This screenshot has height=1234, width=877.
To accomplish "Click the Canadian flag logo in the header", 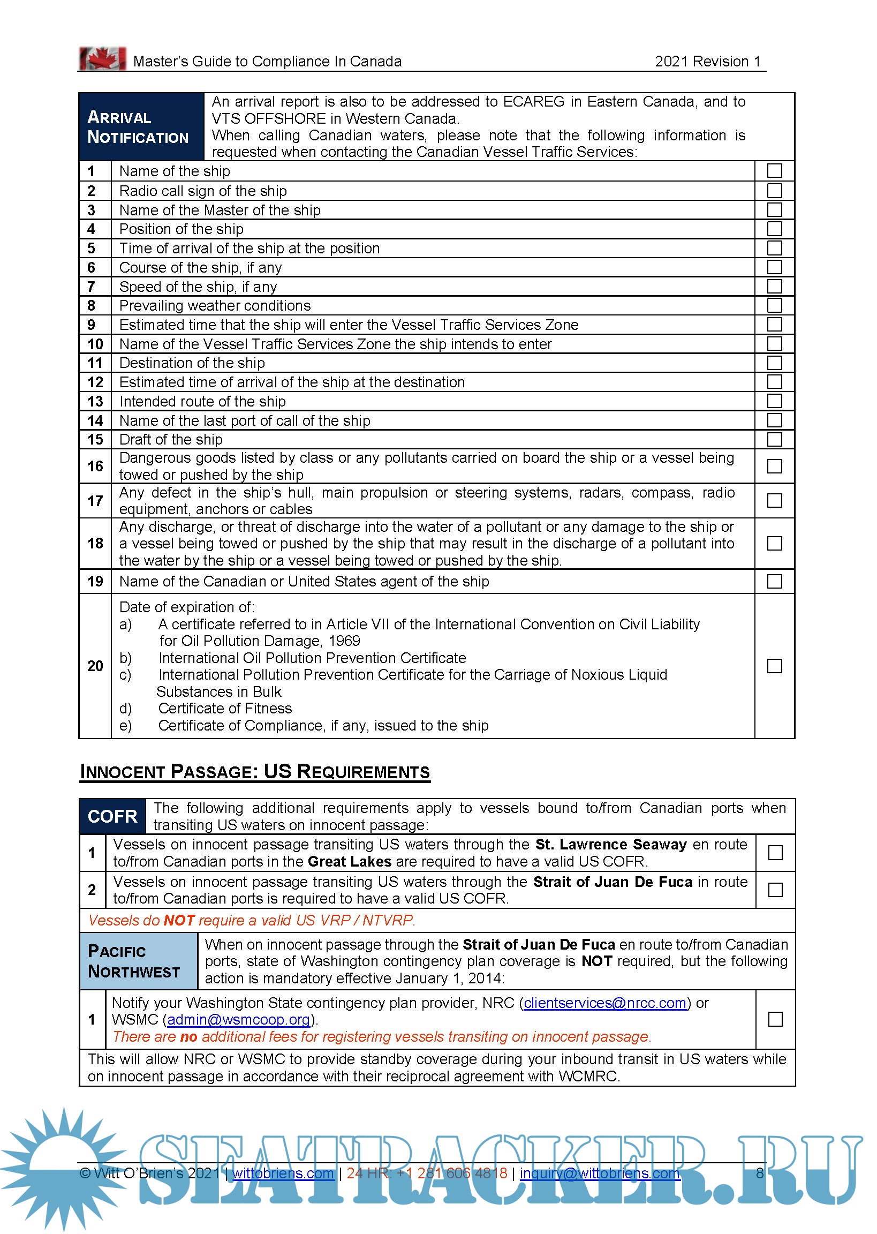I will pyautogui.click(x=102, y=58).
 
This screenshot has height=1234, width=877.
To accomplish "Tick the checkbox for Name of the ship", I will pyautogui.click(x=774, y=171).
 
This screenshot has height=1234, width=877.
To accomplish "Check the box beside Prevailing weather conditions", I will pyautogui.click(x=774, y=305).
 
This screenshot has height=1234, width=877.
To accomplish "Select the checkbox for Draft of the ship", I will pyautogui.click(x=774, y=439).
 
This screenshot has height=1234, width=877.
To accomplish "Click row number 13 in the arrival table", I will pyautogui.click(x=95, y=401).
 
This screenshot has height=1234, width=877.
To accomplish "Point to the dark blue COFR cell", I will pyautogui.click(x=112, y=816).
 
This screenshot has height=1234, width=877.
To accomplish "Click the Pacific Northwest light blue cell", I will pyautogui.click(x=138, y=961).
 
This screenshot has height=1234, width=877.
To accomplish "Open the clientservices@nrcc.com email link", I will pyautogui.click(x=605, y=1003).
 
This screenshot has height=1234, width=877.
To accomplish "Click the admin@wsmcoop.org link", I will pyautogui.click(x=238, y=1020).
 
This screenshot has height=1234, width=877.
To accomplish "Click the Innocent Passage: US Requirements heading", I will pyautogui.click(x=255, y=772).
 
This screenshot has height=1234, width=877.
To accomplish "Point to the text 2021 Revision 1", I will pyautogui.click(x=707, y=62).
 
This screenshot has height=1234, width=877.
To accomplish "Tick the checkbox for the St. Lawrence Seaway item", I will pyautogui.click(x=775, y=853).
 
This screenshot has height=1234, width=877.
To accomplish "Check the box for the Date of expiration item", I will pyautogui.click(x=774, y=666).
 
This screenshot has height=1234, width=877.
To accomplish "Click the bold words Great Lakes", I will pyautogui.click(x=350, y=861).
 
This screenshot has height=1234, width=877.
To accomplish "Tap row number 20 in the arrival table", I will pyautogui.click(x=95, y=666).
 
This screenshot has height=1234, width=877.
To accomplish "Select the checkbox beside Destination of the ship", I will pyautogui.click(x=774, y=363).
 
